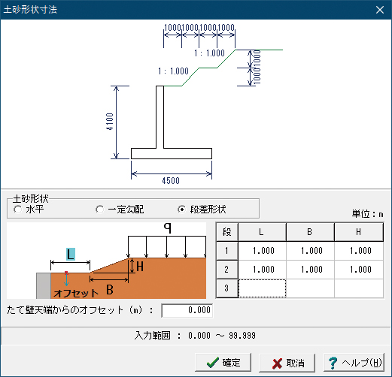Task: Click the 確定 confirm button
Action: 223,362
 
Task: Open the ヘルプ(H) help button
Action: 354,362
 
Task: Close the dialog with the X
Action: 380,10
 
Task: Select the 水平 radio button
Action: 18,210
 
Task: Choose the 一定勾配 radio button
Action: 99,210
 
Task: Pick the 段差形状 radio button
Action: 181,210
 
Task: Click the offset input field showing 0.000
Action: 187,310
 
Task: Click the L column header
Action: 262,232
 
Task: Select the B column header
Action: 310,232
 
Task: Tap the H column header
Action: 359,232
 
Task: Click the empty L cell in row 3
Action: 262,288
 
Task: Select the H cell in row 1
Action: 359,251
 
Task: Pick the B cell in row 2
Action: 310,270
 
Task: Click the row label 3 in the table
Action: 227,288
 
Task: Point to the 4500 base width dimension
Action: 171,181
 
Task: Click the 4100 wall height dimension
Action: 110,122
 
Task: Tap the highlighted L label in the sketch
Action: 71,254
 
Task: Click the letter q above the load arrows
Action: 168,228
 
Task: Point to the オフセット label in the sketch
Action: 76,293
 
